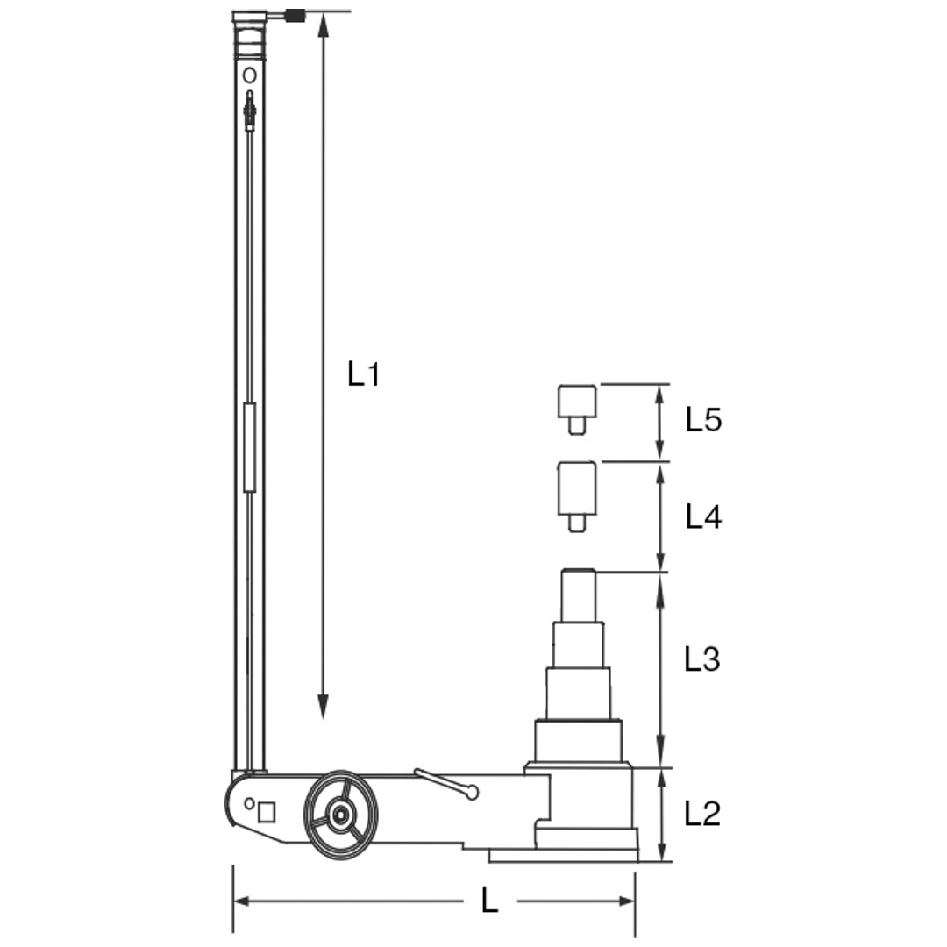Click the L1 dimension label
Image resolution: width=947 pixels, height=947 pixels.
tap(364, 374)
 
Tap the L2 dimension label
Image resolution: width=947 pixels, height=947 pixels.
tap(702, 814)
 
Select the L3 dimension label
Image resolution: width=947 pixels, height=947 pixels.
tap(702, 659)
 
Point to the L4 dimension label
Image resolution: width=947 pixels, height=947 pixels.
tap(703, 517)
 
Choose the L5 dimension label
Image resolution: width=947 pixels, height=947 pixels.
tap(703, 419)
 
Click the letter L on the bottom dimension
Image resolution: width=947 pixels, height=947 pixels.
tap(490, 901)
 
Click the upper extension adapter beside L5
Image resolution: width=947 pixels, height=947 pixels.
tap(577, 409)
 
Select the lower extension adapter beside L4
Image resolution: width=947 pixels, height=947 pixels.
tap(577, 496)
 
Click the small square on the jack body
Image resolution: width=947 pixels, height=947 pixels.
tap(267, 812)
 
